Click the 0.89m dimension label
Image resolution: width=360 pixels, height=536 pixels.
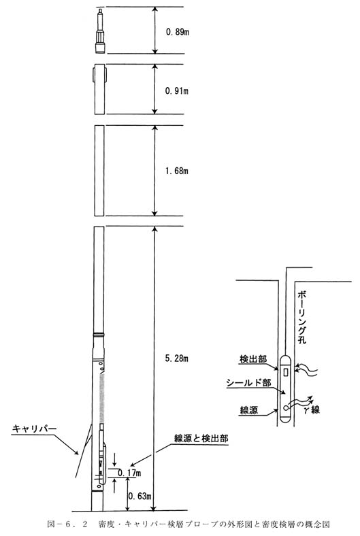(x=178, y=32)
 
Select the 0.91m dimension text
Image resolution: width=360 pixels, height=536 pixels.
(x=177, y=91)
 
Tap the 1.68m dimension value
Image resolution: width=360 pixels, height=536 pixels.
(x=177, y=171)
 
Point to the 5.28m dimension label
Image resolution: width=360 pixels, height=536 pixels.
(x=177, y=358)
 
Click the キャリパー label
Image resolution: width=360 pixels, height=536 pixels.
(x=34, y=429)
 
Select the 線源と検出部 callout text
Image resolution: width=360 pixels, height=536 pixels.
(x=201, y=439)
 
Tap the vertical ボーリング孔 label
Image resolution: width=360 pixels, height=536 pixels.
(x=302, y=317)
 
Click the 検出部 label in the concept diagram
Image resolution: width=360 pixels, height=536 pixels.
(x=253, y=359)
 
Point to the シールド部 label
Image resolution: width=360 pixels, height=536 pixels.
(x=248, y=382)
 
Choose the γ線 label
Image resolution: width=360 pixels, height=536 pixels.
(x=312, y=409)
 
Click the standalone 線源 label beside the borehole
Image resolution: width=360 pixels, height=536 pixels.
(x=249, y=410)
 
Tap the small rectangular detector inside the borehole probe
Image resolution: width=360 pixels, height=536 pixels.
(x=286, y=372)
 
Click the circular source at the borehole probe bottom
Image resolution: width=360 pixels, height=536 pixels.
(x=286, y=407)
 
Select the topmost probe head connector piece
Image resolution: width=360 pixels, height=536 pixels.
(x=99, y=31)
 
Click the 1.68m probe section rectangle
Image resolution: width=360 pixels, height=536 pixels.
(x=99, y=171)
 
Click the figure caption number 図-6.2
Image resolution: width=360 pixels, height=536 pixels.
(x=67, y=524)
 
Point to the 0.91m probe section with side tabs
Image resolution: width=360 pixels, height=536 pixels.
(x=99, y=89)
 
